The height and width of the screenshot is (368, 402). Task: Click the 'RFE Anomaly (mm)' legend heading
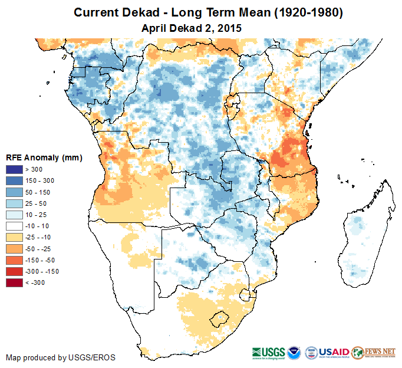pos(44,158)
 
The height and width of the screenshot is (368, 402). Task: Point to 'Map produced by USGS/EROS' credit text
pos(61,357)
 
